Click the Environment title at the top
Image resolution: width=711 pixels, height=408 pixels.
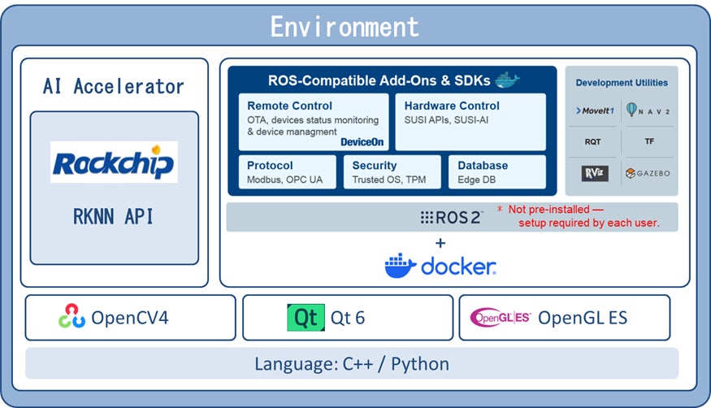pyautogui.click(x=345, y=27)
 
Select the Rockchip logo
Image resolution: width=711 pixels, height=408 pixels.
pyautogui.click(x=114, y=163)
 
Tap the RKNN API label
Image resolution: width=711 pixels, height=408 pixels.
pyautogui.click(x=114, y=216)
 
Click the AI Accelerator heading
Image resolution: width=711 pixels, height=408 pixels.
pyautogui.click(x=114, y=86)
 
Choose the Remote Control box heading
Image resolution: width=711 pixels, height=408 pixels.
pyautogui.click(x=289, y=106)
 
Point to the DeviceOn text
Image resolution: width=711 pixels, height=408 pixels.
pyautogui.click(x=362, y=142)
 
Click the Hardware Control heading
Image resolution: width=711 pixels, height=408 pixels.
pyautogui.click(x=452, y=106)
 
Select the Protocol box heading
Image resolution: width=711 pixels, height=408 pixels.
pyautogui.click(x=270, y=165)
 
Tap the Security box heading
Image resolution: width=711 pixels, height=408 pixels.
pyautogui.click(x=375, y=165)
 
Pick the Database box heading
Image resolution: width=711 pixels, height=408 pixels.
pyautogui.click(x=483, y=165)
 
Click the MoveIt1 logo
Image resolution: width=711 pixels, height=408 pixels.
pyautogui.click(x=595, y=111)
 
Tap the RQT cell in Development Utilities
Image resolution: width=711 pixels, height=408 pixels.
pyautogui.click(x=593, y=141)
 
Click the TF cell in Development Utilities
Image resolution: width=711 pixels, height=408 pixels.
pyautogui.click(x=649, y=141)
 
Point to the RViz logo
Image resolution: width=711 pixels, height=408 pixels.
pyautogui.click(x=593, y=173)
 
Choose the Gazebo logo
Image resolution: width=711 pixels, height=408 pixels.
pyautogui.click(x=648, y=173)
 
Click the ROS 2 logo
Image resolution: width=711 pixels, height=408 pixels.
pyautogui.click(x=451, y=217)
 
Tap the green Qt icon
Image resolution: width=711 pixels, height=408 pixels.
pyautogui.click(x=306, y=317)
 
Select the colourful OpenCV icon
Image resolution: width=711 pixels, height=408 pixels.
pyautogui.click(x=72, y=317)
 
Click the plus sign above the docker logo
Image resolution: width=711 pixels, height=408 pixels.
pyautogui.click(x=440, y=242)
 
